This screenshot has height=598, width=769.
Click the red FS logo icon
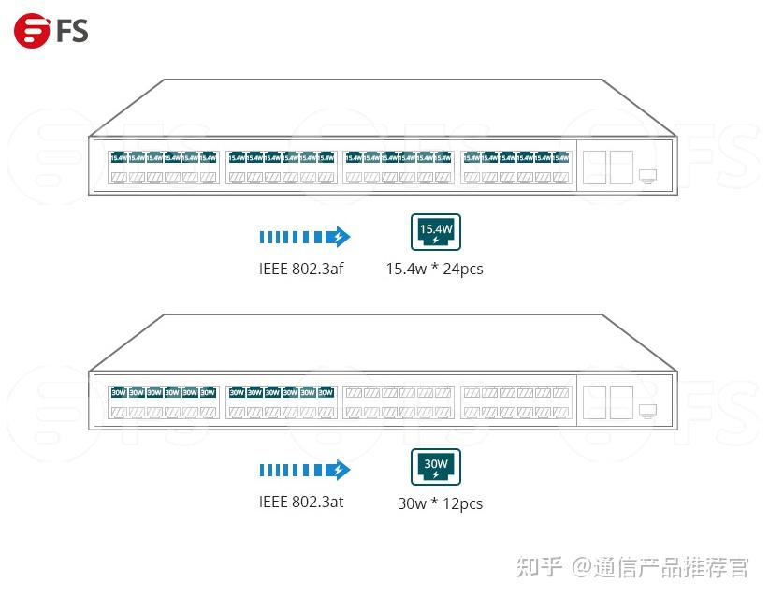click(x=31, y=31)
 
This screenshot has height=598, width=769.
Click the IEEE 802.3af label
click(x=301, y=269)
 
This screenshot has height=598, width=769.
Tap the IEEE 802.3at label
click(x=301, y=502)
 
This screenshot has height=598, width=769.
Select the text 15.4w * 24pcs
click(x=434, y=270)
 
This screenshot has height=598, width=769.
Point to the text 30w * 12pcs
click(x=440, y=503)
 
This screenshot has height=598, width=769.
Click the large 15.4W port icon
click(x=436, y=230)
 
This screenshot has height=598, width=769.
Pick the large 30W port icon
click(x=436, y=465)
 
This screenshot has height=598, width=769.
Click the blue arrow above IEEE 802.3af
click(x=304, y=236)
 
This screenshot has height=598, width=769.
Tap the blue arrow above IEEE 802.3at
click(x=304, y=470)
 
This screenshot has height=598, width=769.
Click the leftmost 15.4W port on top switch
click(x=118, y=158)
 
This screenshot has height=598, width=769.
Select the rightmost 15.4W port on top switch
click(x=561, y=158)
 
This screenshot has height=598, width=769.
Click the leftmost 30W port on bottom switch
click(x=118, y=392)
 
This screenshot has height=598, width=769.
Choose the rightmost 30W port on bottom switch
click(x=326, y=392)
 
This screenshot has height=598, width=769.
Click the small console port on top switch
click(x=647, y=175)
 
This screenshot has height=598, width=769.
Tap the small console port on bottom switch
click(x=647, y=410)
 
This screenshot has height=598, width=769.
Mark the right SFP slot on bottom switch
click(x=621, y=402)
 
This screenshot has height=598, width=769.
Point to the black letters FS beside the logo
click(x=71, y=32)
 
